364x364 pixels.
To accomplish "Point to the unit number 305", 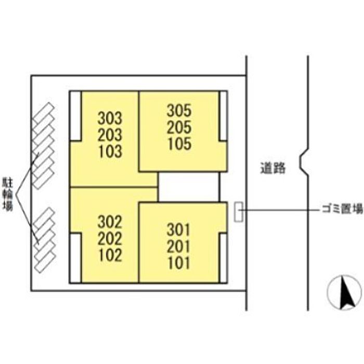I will tap(179, 110).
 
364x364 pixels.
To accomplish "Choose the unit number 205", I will tap(179, 127).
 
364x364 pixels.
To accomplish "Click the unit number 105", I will tap(179, 144).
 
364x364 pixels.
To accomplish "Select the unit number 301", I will tap(180, 229).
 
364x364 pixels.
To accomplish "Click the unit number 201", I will tap(180, 245).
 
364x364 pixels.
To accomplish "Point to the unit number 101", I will tap(180, 262).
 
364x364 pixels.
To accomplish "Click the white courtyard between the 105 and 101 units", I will tap(188, 186).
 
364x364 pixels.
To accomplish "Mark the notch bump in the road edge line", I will tap(303, 161).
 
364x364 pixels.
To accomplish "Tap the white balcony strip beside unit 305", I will tap(224, 116).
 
